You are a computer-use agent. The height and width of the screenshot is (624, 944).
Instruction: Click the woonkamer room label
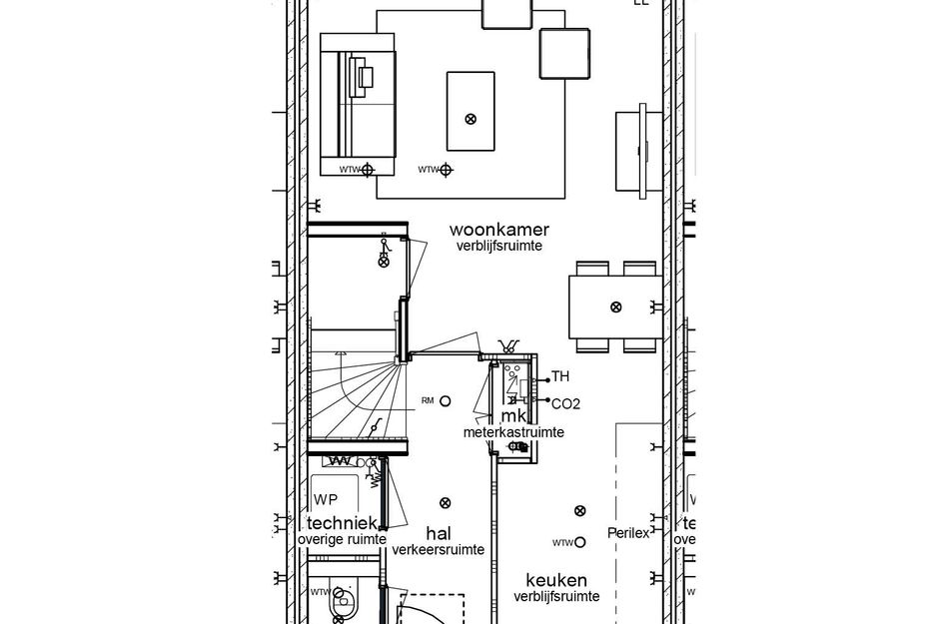click(498, 230)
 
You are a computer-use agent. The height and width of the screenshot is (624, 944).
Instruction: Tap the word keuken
click(556, 580)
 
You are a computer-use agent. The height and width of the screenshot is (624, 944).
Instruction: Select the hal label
click(439, 532)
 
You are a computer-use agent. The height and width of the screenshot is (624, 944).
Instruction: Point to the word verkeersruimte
click(439, 549)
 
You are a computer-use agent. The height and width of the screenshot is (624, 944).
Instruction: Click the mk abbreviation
click(513, 415)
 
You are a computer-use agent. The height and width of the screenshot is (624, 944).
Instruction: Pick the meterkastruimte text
click(513, 432)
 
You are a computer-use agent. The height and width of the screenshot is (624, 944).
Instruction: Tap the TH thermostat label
click(560, 377)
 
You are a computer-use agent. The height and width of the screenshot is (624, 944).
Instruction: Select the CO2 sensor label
click(565, 404)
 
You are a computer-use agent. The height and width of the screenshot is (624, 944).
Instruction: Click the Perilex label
click(628, 532)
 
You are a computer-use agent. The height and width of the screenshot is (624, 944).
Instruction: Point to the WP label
click(326, 499)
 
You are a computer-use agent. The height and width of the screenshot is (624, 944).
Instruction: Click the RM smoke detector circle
click(446, 401)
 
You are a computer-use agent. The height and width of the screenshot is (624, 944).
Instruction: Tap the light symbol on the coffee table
click(471, 119)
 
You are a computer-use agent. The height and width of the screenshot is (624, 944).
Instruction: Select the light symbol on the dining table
click(615, 307)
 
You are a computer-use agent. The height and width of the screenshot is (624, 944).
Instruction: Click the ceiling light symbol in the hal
click(446, 503)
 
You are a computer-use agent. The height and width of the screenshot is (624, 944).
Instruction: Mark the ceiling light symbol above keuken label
click(579, 511)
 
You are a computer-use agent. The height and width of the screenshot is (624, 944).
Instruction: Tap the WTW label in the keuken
click(561, 543)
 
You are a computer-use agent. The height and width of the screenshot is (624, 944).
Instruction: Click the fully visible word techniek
click(342, 523)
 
